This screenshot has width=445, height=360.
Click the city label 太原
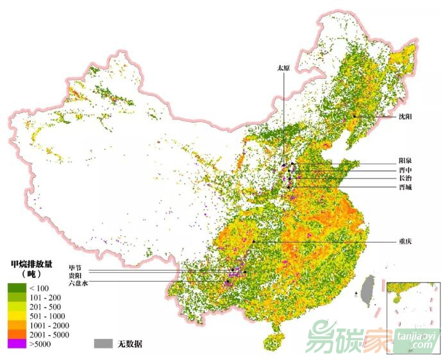click(283, 67)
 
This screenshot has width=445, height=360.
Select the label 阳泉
click(405, 160)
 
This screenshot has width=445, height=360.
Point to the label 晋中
click(405, 169)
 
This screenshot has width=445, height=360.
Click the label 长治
click(405, 178)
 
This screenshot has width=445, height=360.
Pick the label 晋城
click(405, 187)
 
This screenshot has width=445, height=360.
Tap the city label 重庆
click(405, 242)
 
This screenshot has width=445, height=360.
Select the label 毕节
click(76, 267)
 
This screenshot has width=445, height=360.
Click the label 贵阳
click(76, 275)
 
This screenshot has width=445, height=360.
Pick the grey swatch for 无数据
click(103, 343)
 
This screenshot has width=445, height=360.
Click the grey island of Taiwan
click(366, 289)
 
